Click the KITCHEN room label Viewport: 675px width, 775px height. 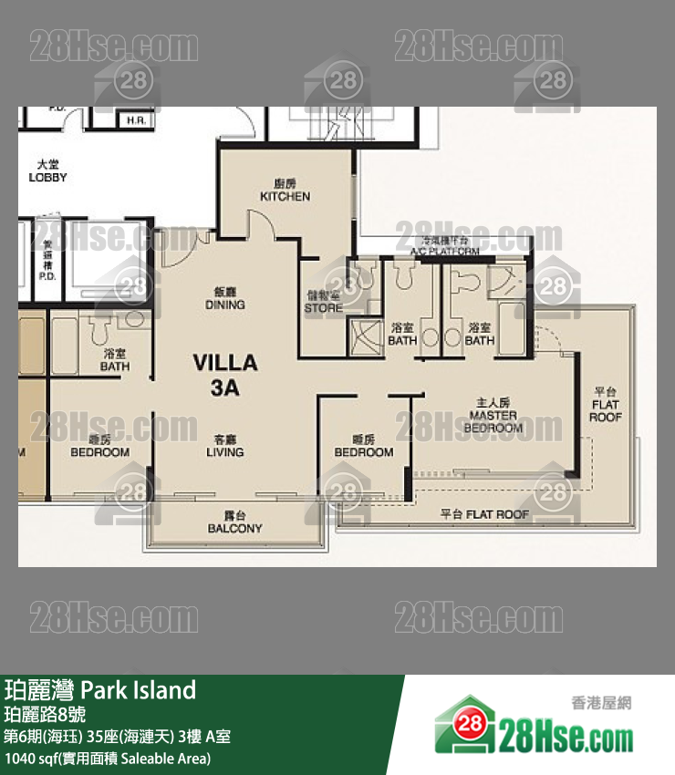(x=285, y=191)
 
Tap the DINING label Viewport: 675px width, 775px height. (x=224, y=299)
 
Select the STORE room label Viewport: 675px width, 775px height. (x=323, y=302)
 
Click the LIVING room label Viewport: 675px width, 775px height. (x=224, y=445)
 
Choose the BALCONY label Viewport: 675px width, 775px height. (x=234, y=522)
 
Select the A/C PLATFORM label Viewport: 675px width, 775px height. (x=444, y=245)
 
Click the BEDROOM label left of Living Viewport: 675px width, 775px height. (x=100, y=446)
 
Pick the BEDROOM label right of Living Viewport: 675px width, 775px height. (x=363, y=447)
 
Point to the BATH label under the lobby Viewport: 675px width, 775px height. (x=115, y=360)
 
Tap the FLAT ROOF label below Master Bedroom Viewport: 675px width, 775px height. (x=484, y=514)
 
